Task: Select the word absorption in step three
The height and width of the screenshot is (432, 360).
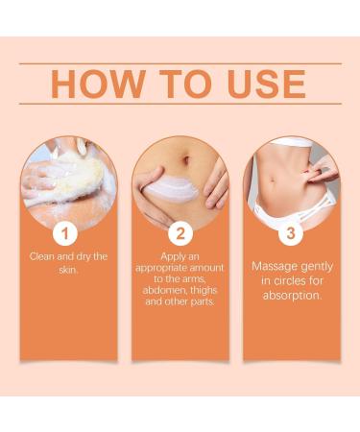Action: click(x=292, y=295)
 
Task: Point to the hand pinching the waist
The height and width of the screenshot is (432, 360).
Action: click(x=318, y=179)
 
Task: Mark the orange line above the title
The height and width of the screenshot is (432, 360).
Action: click(x=180, y=63)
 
